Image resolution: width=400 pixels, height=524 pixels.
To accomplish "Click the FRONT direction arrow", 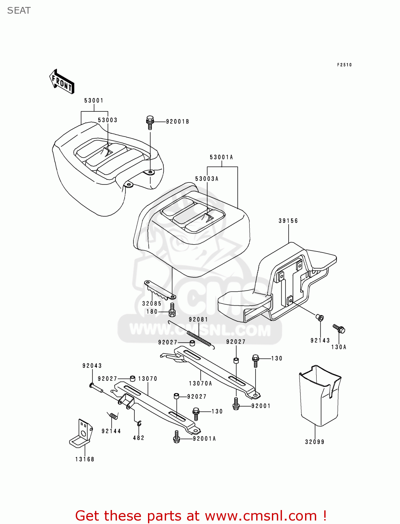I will [62, 81].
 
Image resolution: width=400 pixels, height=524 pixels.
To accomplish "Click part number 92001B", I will [177, 122].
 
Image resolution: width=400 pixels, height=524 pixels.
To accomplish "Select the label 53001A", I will [221, 157].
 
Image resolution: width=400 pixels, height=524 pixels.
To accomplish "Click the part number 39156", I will [288, 221].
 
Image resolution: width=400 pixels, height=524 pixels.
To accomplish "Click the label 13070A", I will [200, 384].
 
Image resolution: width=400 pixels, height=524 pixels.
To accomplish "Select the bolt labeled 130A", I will [339, 329].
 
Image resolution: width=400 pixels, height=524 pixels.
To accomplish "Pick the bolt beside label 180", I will [172, 310].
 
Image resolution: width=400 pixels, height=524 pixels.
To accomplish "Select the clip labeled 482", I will [139, 424].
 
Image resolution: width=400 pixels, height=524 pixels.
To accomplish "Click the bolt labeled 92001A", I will [177, 437].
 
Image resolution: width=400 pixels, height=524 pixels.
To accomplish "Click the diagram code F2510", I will [344, 65].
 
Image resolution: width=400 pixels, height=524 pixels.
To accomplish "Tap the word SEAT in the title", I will [19, 10].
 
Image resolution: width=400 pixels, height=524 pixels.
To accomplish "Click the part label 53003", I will [108, 120].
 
